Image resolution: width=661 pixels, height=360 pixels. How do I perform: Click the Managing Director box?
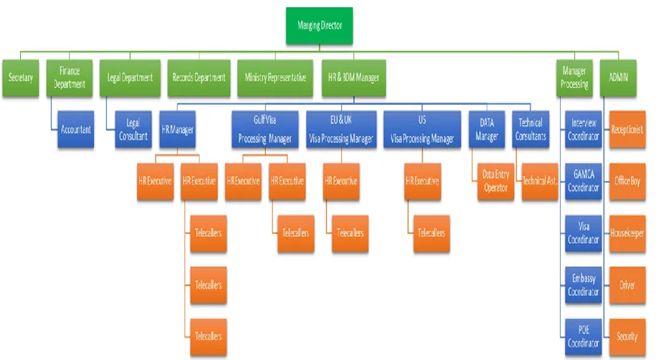click(x=320, y=26)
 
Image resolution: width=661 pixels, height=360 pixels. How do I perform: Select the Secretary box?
click(x=20, y=77)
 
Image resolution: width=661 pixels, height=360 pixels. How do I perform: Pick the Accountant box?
click(x=76, y=130)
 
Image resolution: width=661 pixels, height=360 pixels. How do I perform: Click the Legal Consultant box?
click(x=133, y=130)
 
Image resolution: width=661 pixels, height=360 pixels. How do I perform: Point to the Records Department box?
click(x=198, y=77)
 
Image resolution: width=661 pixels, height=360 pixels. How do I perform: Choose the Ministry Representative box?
click(x=275, y=77)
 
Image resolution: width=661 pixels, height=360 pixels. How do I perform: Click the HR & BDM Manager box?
click(x=353, y=77)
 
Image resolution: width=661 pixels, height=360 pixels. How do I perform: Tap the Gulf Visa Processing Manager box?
click(x=260, y=130)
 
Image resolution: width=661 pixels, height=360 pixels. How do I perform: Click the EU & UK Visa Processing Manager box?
click(x=340, y=130)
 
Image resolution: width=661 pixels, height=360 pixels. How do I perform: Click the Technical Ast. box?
click(x=540, y=181)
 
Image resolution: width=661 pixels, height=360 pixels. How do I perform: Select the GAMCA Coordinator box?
click(x=583, y=181)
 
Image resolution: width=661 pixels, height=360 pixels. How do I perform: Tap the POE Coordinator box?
click(x=583, y=336)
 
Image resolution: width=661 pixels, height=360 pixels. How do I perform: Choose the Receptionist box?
click(x=627, y=130)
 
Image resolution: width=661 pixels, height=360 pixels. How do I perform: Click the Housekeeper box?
click(x=627, y=233)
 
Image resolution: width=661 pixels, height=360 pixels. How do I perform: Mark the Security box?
click(x=627, y=336)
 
